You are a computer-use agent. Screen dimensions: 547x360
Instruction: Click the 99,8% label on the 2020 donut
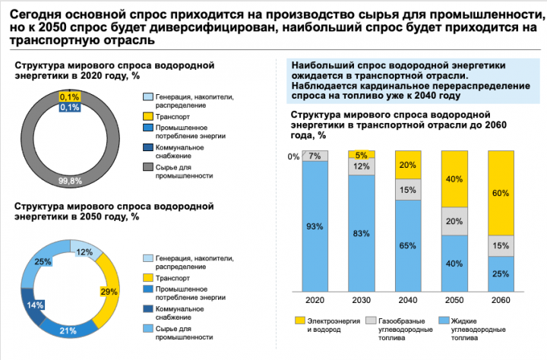point(70,181)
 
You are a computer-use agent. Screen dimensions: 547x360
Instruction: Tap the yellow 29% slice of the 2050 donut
point(107,292)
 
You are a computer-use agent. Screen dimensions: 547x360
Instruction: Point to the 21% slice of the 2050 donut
point(68,330)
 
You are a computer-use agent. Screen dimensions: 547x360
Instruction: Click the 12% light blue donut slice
point(86,248)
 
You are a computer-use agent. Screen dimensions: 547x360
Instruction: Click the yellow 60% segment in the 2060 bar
point(501,193)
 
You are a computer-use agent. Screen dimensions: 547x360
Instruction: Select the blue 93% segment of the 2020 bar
point(315,226)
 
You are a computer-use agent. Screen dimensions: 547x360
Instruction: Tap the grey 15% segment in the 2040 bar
point(408,190)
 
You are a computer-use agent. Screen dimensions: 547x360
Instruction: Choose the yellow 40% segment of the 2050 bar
point(454,179)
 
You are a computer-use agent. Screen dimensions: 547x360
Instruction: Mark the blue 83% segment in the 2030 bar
point(362,233)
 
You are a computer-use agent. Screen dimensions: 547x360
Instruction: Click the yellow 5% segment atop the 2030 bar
point(362,154)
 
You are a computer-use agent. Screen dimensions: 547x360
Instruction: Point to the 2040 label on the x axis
point(408,300)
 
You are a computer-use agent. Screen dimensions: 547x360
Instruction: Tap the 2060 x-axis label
point(501,300)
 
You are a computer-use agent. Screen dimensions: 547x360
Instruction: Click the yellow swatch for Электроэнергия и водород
point(299,321)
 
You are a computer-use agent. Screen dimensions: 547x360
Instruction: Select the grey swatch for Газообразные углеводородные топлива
point(371,321)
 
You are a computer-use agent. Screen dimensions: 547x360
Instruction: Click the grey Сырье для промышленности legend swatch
point(148,167)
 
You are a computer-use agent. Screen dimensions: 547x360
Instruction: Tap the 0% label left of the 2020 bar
point(293,157)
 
